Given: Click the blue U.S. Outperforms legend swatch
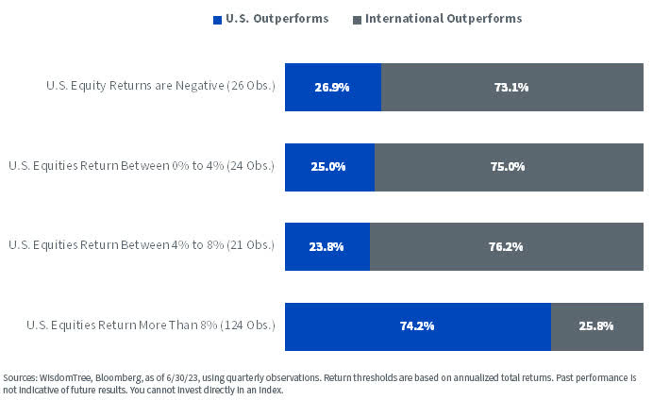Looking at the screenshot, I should tap(218, 19).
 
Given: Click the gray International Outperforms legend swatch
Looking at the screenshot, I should tap(356, 19).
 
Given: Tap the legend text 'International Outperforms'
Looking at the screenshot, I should tap(443, 19).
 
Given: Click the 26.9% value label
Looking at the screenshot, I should tap(332, 88).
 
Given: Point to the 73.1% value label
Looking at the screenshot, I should tap(511, 88).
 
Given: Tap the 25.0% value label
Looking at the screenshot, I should tap(329, 167).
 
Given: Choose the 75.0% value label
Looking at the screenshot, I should tap(508, 167).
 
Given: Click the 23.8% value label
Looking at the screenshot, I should tap(327, 246).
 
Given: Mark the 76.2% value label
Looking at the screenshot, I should tap(506, 246).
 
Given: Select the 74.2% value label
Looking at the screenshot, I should tap(417, 326).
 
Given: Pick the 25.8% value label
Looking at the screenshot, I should tap(596, 326).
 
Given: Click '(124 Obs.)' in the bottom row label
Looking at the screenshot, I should tap(247, 325).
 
